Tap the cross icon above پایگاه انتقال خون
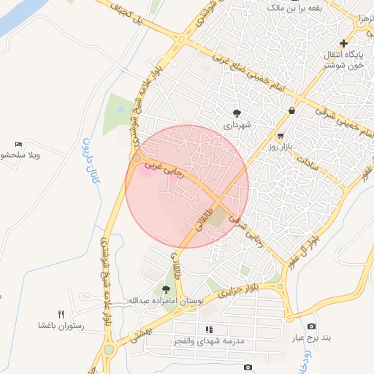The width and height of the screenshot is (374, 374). point(344,43)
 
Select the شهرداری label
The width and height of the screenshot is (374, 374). point(237,125)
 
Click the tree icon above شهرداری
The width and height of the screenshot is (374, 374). point(237,112)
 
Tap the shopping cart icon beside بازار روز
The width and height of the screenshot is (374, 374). point(280,136)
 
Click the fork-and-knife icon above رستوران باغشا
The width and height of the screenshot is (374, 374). point(71,314)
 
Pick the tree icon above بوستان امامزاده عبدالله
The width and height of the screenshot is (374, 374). point(167,289)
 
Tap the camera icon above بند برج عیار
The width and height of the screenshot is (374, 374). point(312,326)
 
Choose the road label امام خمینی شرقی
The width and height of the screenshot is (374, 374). point(312,111)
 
